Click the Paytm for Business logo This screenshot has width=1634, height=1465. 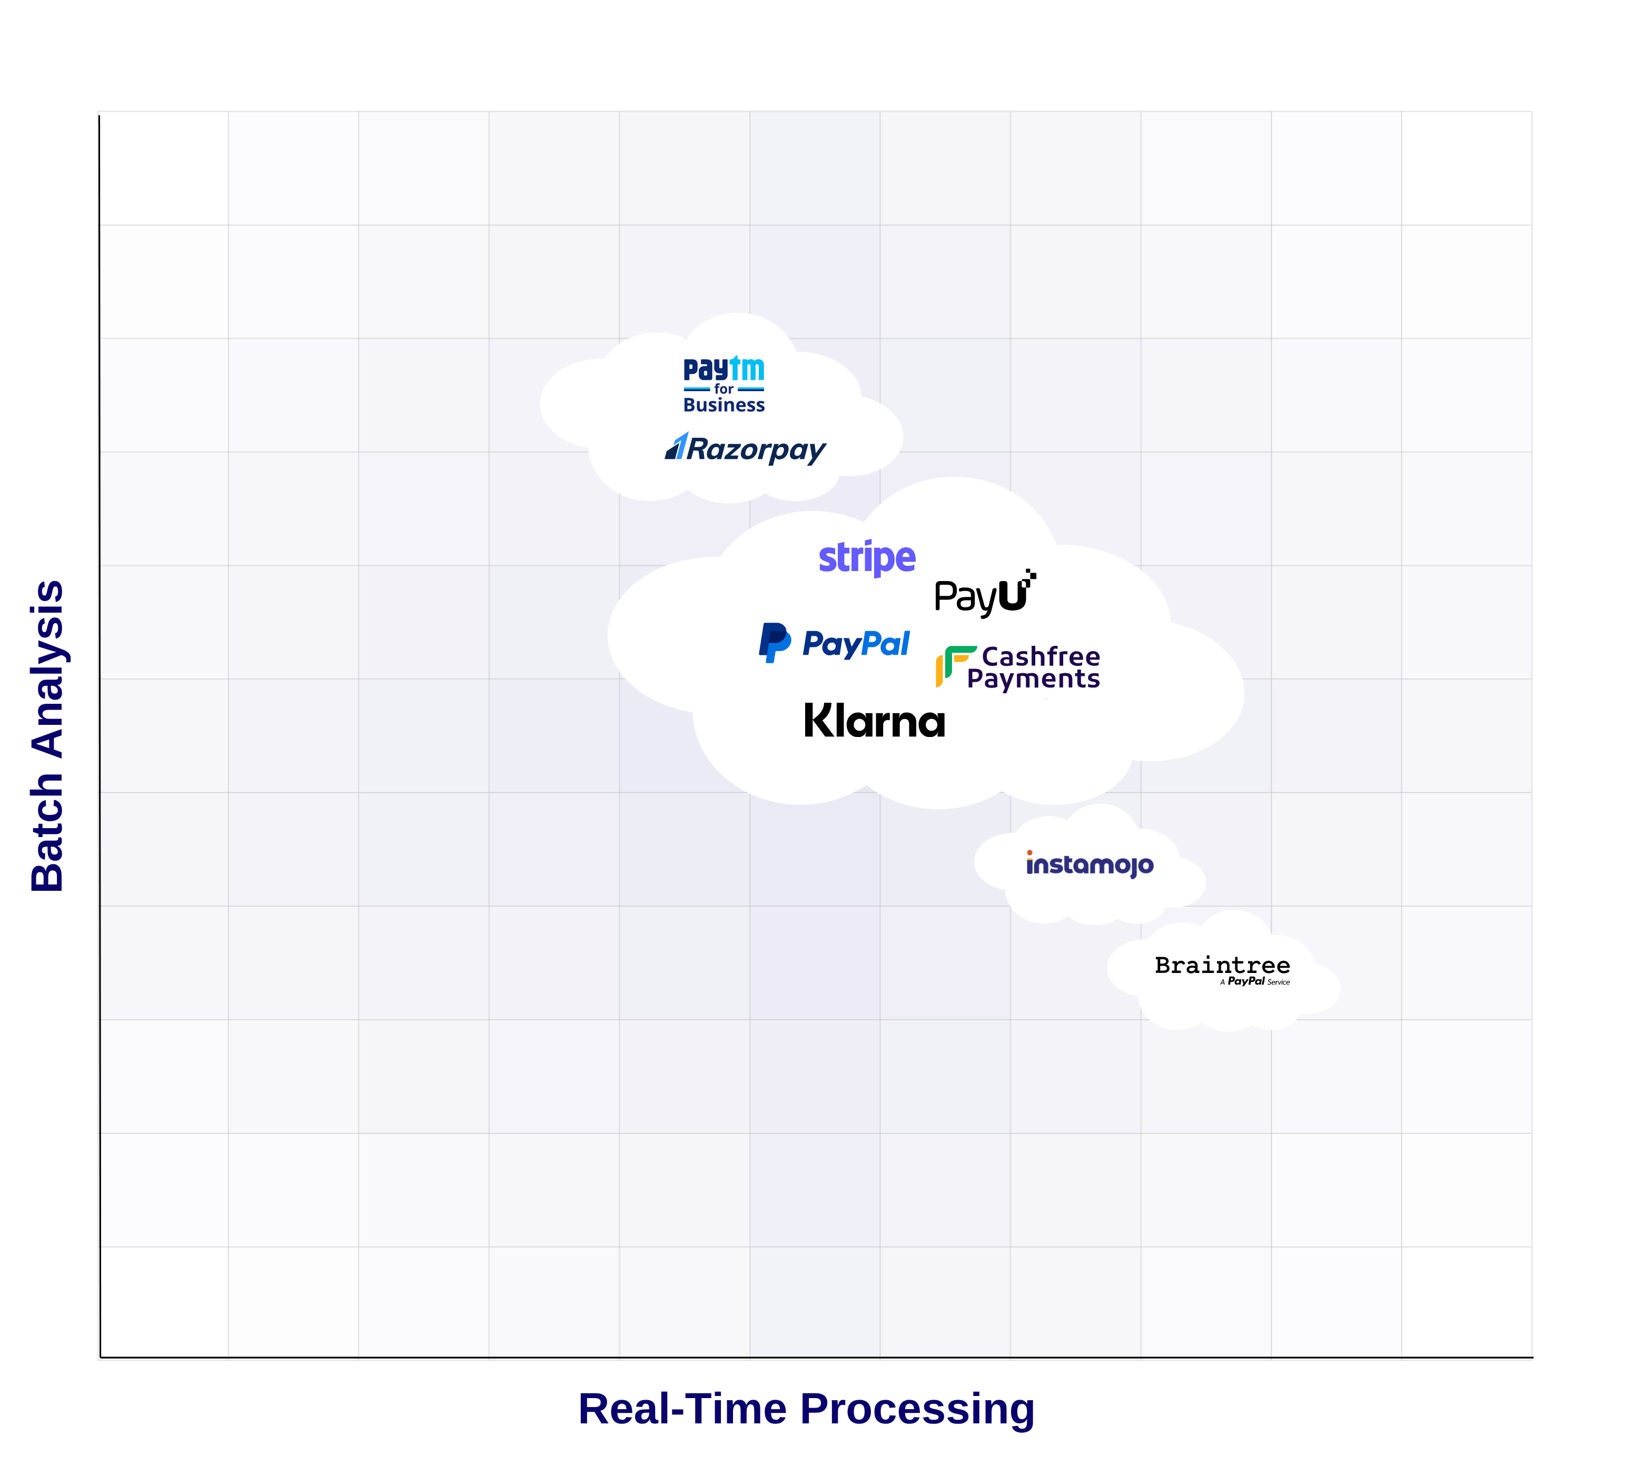[x=724, y=386]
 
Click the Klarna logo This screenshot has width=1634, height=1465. [x=875, y=721]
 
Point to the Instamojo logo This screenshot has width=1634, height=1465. [x=1090, y=864]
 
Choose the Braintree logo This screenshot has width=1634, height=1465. [x=1222, y=968]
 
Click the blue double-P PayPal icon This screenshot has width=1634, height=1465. [x=774, y=642]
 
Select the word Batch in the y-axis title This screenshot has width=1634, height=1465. [x=48, y=831]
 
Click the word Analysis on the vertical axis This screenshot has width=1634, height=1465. [x=48, y=668]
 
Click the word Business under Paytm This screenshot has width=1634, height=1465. [x=724, y=405]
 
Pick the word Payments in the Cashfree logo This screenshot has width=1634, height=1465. [x=1033, y=680]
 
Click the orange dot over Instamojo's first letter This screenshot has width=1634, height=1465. [x=1029, y=852]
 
